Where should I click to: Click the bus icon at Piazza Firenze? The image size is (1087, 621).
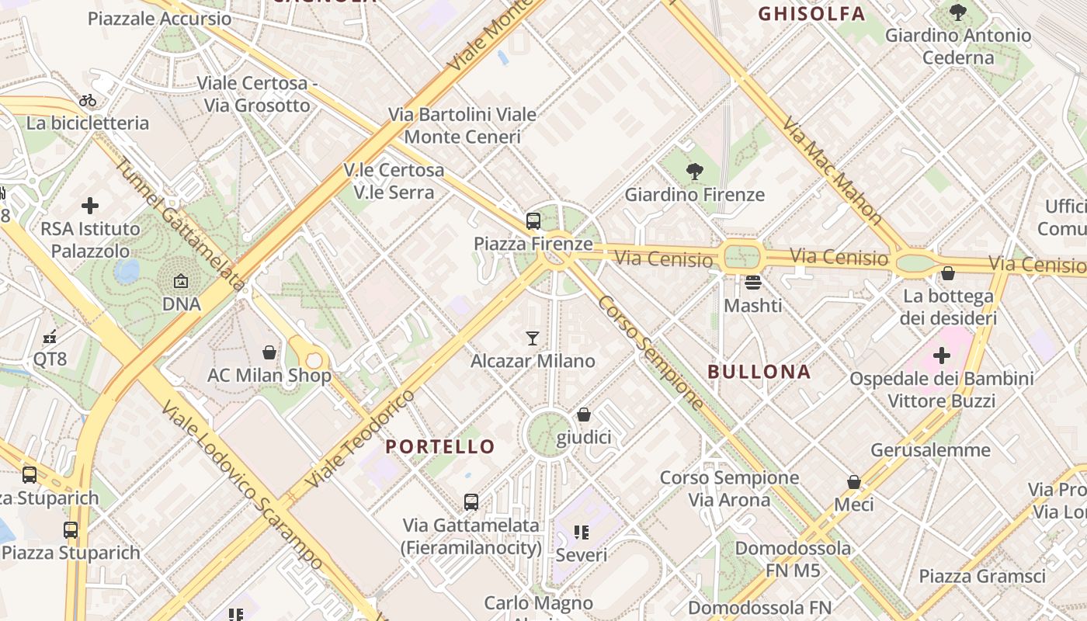tap(533, 221)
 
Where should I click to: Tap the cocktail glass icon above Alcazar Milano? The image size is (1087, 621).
tap(533, 338)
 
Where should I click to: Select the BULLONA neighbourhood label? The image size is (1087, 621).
tap(759, 372)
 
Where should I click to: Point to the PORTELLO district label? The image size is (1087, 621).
tap(440, 446)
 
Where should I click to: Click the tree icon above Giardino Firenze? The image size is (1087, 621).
tap(695, 172)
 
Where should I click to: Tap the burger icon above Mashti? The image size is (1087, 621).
tap(752, 283)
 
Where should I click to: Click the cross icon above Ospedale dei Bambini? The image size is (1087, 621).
tap(942, 356)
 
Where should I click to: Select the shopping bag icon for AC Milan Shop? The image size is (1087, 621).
tap(269, 352)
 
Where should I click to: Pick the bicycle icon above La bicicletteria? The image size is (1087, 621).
tap(88, 100)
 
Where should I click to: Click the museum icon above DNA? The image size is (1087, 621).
tap(181, 281)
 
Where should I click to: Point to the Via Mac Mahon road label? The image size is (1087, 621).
tap(833, 172)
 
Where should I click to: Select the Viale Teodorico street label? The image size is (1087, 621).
tap(361, 439)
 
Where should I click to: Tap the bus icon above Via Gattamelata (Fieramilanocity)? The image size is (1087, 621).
tap(471, 502)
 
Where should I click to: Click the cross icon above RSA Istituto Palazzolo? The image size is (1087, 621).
tap(90, 206)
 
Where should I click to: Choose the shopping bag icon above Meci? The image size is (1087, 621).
tap(854, 482)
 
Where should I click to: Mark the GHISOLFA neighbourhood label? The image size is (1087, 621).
tap(811, 14)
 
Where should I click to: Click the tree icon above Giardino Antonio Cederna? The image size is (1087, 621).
tap(958, 12)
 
